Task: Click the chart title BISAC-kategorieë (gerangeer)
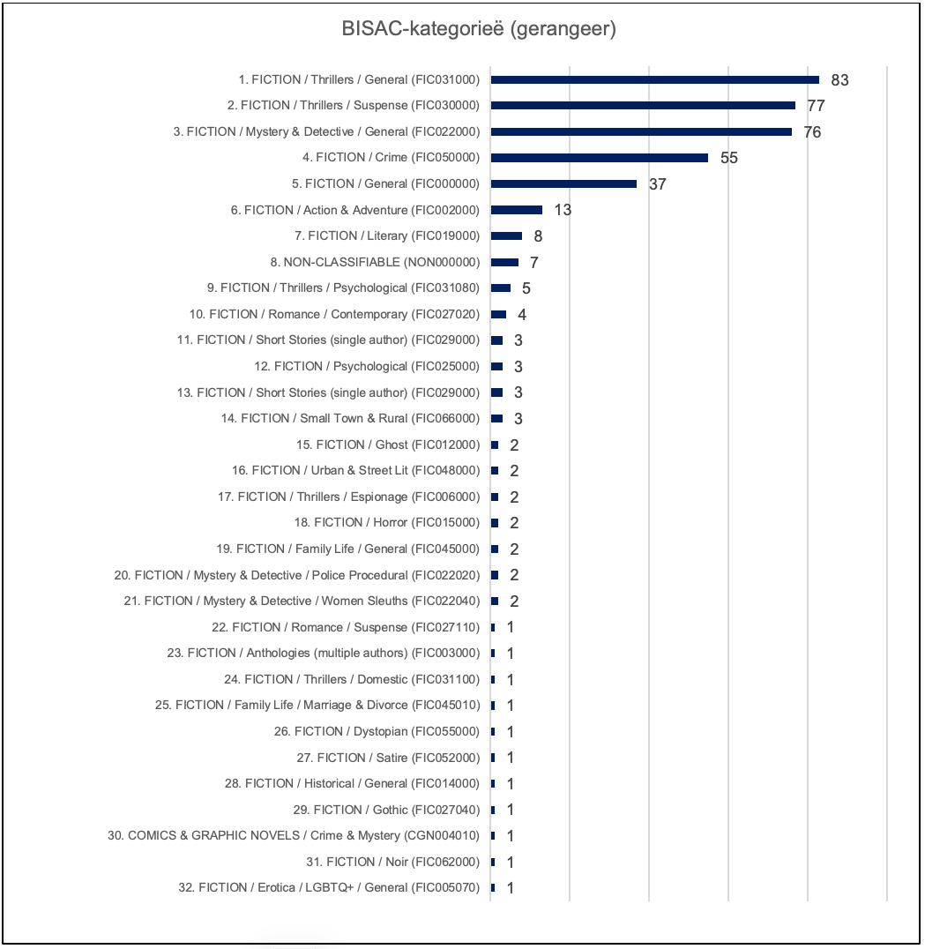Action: [x=478, y=29]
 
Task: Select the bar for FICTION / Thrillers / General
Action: [x=654, y=79]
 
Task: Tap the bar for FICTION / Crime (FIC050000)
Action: [x=599, y=158]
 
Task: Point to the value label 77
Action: [x=816, y=106]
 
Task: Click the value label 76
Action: [x=812, y=132]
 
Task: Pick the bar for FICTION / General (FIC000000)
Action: [x=563, y=183]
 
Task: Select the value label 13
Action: [x=563, y=210]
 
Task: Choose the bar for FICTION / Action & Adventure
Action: [x=516, y=210]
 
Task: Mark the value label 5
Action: [x=526, y=288]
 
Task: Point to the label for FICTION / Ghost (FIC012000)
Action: [x=388, y=445]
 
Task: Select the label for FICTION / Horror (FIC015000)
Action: [x=386, y=522]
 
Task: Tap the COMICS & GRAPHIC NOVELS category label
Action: [x=294, y=835]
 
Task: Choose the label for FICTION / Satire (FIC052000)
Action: [x=388, y=758]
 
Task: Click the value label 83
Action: [x=839, y=80]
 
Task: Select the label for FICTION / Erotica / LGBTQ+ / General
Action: [x=329, y=887]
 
